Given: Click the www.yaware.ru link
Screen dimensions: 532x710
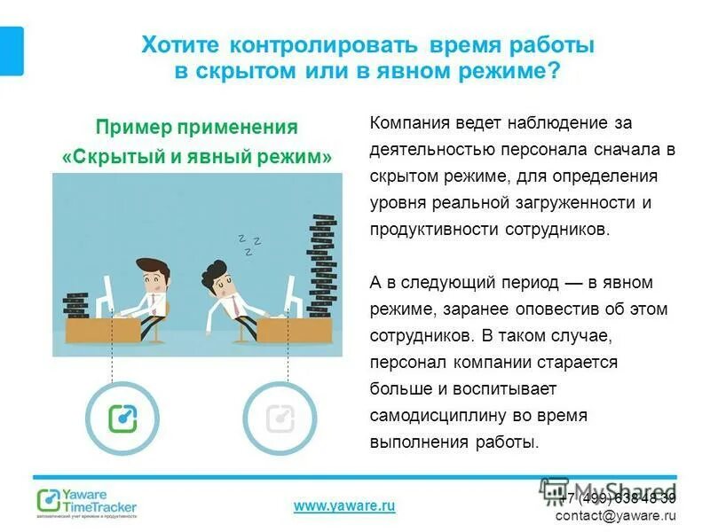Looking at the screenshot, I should coord(343,505).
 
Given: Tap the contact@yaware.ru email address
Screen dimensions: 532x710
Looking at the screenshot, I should coord(615,514).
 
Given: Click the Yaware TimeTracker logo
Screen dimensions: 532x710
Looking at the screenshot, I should coord(86,501).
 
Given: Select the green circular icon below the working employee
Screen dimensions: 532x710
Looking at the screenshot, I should coord(121,417).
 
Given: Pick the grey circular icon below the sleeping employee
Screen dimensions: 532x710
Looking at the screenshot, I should coord(279,417).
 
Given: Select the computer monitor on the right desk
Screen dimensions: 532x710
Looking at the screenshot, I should coord(288,292).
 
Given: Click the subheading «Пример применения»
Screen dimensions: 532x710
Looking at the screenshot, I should coord(196,127).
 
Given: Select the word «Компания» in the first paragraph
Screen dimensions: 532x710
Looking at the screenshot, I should coord(411,122).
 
